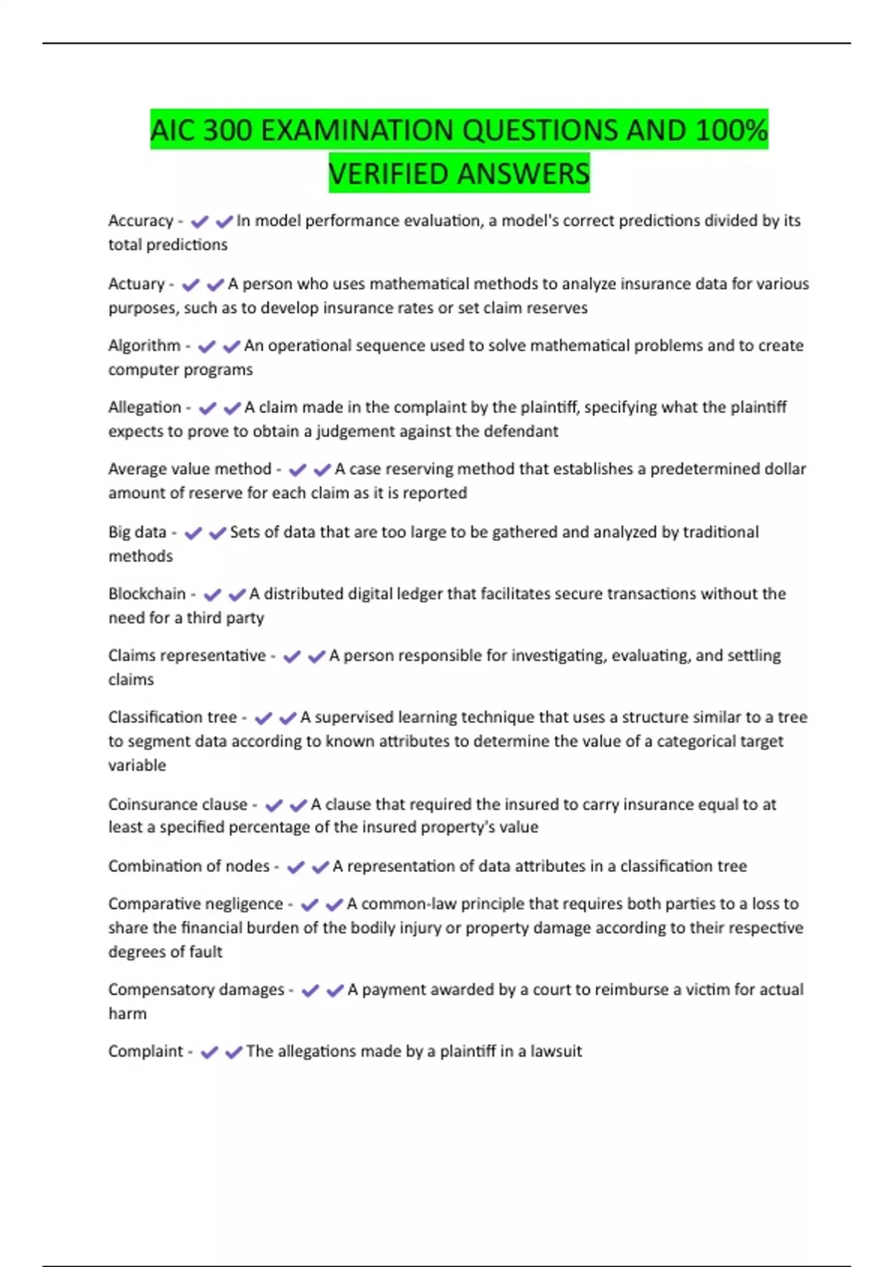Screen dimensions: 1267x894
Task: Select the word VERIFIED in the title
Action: click(x=388, y=174)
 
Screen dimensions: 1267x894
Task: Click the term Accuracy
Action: click(x=141, y=221)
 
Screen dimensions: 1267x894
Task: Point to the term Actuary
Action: click(x=136, y=284)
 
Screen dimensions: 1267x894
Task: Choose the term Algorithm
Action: click(x=145, y=346)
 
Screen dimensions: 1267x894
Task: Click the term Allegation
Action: click(x=145, y=408)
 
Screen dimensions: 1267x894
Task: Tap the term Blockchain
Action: click(x=147, y=594)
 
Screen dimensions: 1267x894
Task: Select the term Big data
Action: click(x=137, y=532)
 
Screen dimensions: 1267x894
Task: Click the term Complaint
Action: click(x=145, y=1052)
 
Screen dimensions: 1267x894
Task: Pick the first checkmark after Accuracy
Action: click(x=199, y=221)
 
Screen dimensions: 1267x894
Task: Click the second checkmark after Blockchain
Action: click(x=237, y=595)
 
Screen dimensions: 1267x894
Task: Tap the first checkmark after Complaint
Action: click(x=209, y=1052)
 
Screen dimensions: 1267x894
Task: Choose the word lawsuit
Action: click(x=556, y=1052)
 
